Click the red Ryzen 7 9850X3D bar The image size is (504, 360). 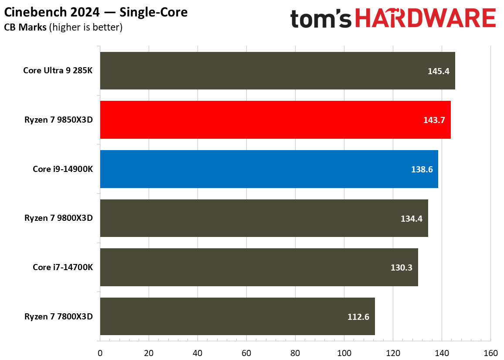(x=275, y=120)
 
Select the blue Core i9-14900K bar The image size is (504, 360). (x=269, y=169)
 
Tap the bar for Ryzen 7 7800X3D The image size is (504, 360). (x=237, y=317)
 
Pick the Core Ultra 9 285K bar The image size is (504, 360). (x=277, y=71)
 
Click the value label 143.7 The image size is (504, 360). (x=434, y=120)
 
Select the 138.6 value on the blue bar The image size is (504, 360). (x=422, y=169)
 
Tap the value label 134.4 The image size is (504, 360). (x=412, y=219)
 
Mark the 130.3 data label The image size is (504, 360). (x=402, y=267)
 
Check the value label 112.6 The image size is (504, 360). (x=358, y=317)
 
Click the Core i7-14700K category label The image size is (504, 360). (x=63, y=267)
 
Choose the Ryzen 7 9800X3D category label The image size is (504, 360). (x=58, y=219)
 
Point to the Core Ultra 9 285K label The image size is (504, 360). (x=58, y=71)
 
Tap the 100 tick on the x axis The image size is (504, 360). (x=344, y=353)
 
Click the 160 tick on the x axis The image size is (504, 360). (x=490, y=353)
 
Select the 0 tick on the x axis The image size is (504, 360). (x=100, y=353)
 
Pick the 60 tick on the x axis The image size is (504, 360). (x=246, y=353)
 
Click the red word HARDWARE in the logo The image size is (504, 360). (x=426, y=19)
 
